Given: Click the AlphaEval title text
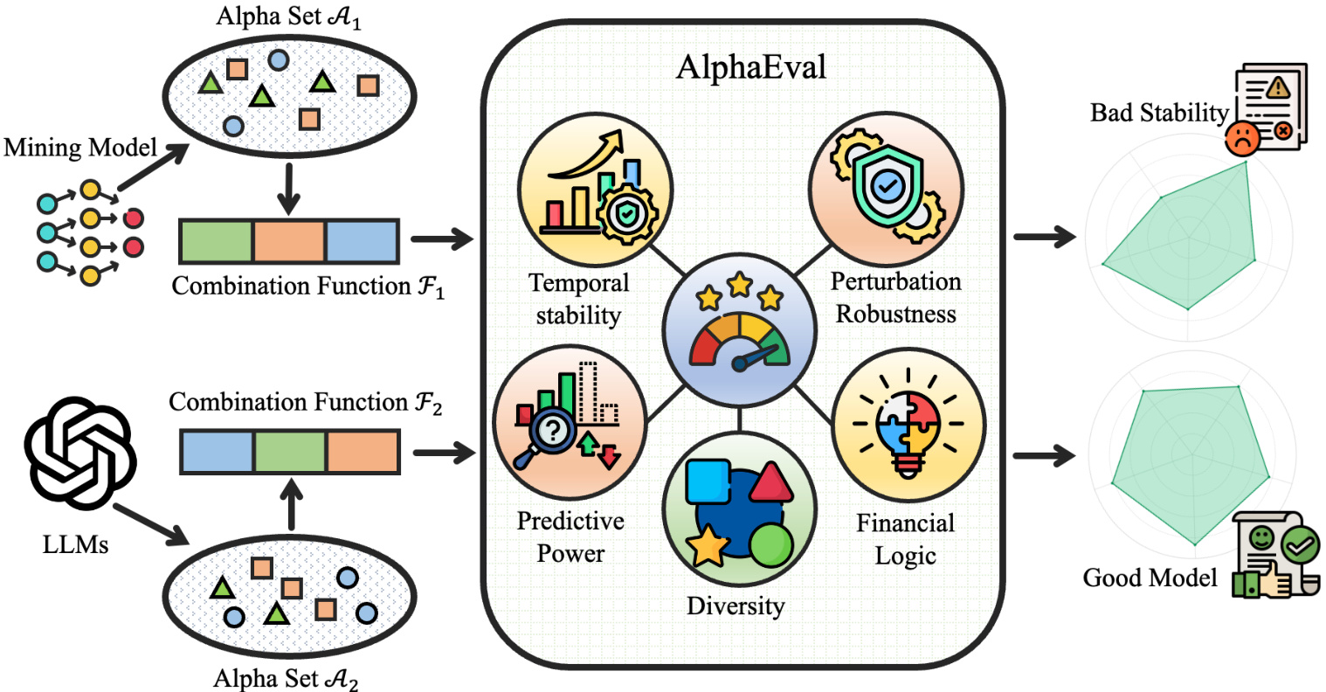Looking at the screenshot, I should point(751,67).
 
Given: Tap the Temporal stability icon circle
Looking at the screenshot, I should point(595,191).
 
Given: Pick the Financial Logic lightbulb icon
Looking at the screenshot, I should point(908,423).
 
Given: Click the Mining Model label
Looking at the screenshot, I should point(80,148).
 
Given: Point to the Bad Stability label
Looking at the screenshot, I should point(1159,113).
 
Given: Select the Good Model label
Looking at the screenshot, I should point(1150,578).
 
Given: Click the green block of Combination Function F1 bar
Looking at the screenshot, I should point(216,241).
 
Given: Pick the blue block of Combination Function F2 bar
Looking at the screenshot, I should point(217,451).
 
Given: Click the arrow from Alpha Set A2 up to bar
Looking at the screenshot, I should point(289,505).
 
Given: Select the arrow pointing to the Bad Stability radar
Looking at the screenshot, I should point(1044,236).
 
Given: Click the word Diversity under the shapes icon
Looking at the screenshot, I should point(736,606).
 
